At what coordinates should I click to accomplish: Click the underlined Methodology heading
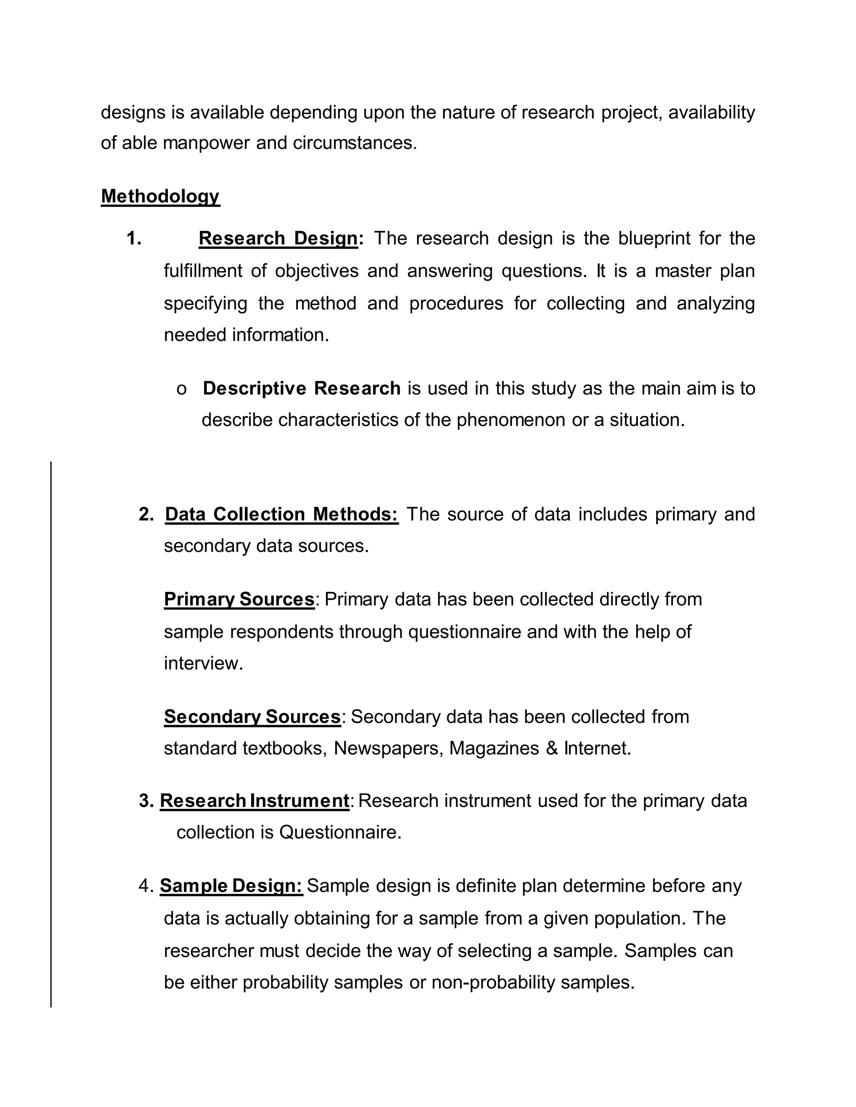click(x=160, y=196)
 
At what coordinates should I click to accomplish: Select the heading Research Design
click(x=278, y=238)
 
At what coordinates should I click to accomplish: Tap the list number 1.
click(x=133, y=238)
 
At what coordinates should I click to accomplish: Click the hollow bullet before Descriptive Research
click(x=181, y=389)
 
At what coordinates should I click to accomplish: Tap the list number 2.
click(x=146, y=515)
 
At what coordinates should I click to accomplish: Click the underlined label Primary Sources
click(x=239, y=599)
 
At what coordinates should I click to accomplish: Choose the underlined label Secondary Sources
click(x=252, y=717)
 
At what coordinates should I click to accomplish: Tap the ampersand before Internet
click(x=552, y=748)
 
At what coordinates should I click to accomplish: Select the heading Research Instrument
click(x=254, y=801)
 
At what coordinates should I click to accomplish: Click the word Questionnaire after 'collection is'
click(x=340, y=832)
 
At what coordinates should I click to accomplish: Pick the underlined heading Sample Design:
click(x=231, y=886)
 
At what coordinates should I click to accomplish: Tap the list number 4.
click(x=145, y=886)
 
